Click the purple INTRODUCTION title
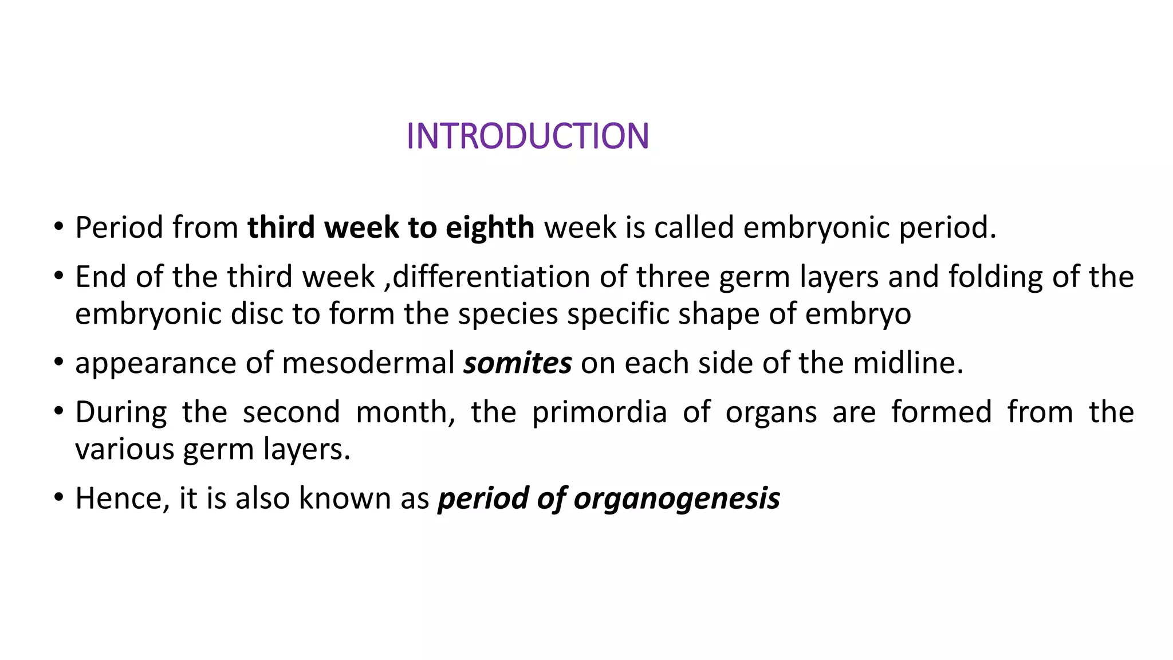pos(528,136)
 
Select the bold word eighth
pos(490,227)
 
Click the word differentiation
pos(491,277)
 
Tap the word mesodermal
pos(368,363)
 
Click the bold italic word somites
pos(518,363)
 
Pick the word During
pos(121,412)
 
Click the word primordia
pos(600,412)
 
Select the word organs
pos(771,412)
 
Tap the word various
pos(124,449)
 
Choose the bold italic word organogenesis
pos(676,498)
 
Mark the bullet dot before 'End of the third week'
pos(58,277)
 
